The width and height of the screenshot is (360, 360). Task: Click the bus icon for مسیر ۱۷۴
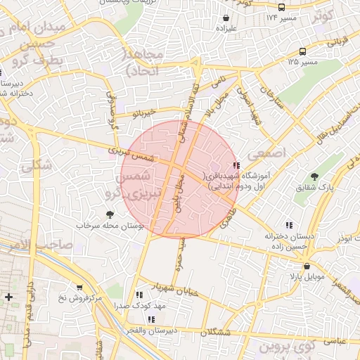[282, 7]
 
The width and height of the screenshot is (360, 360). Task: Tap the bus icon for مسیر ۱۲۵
[302, 51]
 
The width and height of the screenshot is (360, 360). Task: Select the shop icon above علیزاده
[226, 18]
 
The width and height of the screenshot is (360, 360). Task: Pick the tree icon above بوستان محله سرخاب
[109, 214]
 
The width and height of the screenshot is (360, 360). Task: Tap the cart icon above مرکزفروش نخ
[79, 287]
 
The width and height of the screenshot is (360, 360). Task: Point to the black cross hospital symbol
[8, 297]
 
